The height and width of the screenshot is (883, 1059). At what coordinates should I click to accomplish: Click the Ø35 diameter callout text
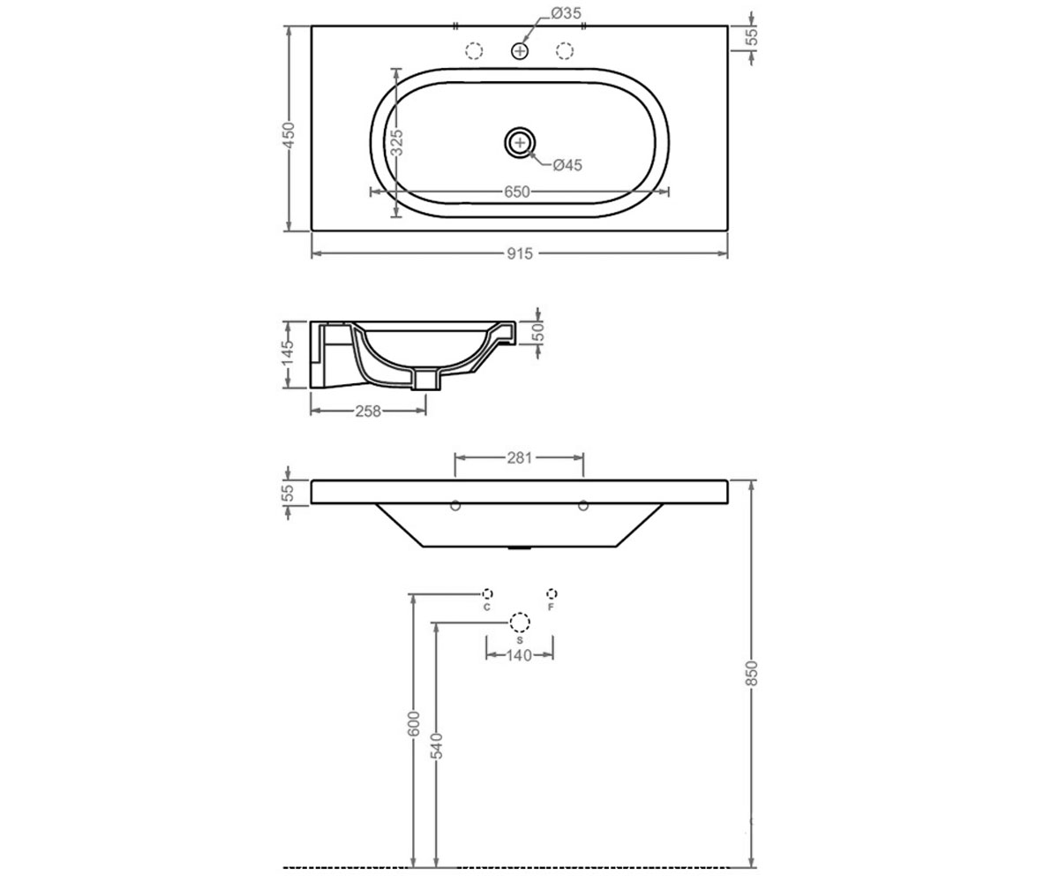(x=566, y=13)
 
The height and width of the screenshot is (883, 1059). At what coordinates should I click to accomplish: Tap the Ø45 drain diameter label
(x=567, y=165)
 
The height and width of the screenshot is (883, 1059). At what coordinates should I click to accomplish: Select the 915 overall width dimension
(x=520, y=253)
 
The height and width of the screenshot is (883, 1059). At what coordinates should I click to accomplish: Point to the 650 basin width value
(x=517, y=192)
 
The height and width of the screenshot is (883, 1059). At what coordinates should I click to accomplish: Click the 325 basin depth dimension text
(x=396, y=142)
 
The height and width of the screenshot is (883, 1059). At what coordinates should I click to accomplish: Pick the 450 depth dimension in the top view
(x=288, y=135)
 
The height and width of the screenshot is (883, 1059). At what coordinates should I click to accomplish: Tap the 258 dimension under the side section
(x=368, y=411)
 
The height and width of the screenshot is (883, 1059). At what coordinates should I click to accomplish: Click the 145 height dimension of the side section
(x=288, y=352)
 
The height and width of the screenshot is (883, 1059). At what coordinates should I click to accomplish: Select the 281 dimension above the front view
(x=520, y=457)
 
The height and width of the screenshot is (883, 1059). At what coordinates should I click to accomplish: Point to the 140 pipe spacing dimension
(x=520, y=655)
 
